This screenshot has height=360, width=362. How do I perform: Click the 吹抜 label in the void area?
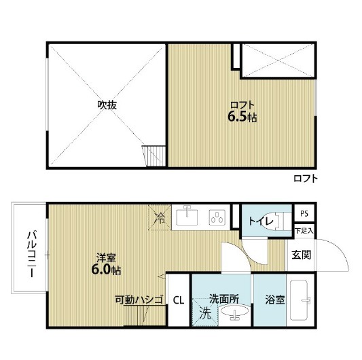coord(107,105)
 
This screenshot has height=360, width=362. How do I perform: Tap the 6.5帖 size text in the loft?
coord(242,117)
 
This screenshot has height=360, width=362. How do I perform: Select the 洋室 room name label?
coord(106,257)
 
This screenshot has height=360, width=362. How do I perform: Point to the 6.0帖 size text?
coord(106,270)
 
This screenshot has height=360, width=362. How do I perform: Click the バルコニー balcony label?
coord(31,254)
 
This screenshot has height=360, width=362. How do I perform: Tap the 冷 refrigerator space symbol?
coord(160,218)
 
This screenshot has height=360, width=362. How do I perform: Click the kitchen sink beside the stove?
coord(187,217)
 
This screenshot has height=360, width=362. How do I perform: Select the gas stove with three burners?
coord(217,217)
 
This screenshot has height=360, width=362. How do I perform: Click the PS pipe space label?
coord(304,213)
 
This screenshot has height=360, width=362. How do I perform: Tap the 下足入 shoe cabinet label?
coord(304,230)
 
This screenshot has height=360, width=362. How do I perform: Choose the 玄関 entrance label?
coord(302,255)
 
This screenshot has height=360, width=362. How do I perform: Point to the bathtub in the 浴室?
coord(300,300)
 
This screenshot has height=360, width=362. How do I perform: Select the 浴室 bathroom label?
coord(275,300)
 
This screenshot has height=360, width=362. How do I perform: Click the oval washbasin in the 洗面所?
coord(234,311)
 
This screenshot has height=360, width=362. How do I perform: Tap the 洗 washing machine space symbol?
coord(205,313)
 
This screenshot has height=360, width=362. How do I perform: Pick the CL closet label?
coord(179,300)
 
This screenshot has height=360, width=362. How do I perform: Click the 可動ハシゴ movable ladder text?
coord(139,300)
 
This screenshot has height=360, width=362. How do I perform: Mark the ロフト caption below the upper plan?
coord(306,179)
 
